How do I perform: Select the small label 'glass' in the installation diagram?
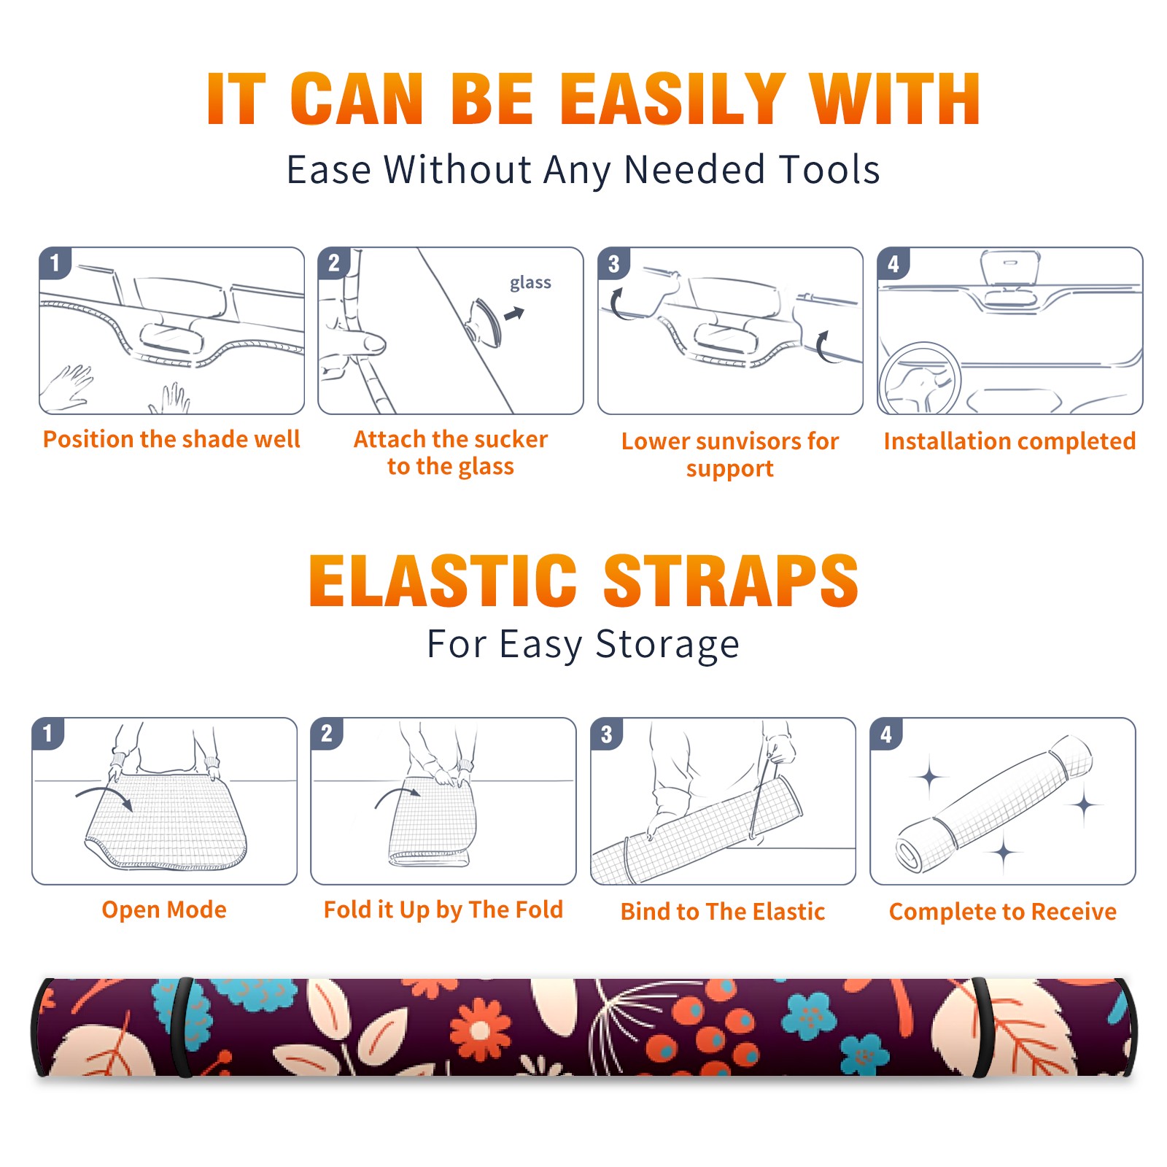[x=530, y=282]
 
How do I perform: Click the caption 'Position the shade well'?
[x=171, y=439]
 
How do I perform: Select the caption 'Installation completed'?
[x=1009, y=441]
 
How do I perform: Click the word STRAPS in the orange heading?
[x=731, y=581]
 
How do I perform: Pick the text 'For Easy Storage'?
[x=583, y=645]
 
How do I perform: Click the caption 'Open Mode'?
[x=164, y=910]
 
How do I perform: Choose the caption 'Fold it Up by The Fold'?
[x=443, y=910]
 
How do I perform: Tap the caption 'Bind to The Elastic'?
[x=723, y=912]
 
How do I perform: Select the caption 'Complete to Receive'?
[x=1003, y=912]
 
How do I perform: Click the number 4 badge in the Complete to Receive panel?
[x=886, y=734]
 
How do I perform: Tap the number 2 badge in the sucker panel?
[x=334, y=263]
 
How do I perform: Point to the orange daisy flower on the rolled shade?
[x=480, y=1029]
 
